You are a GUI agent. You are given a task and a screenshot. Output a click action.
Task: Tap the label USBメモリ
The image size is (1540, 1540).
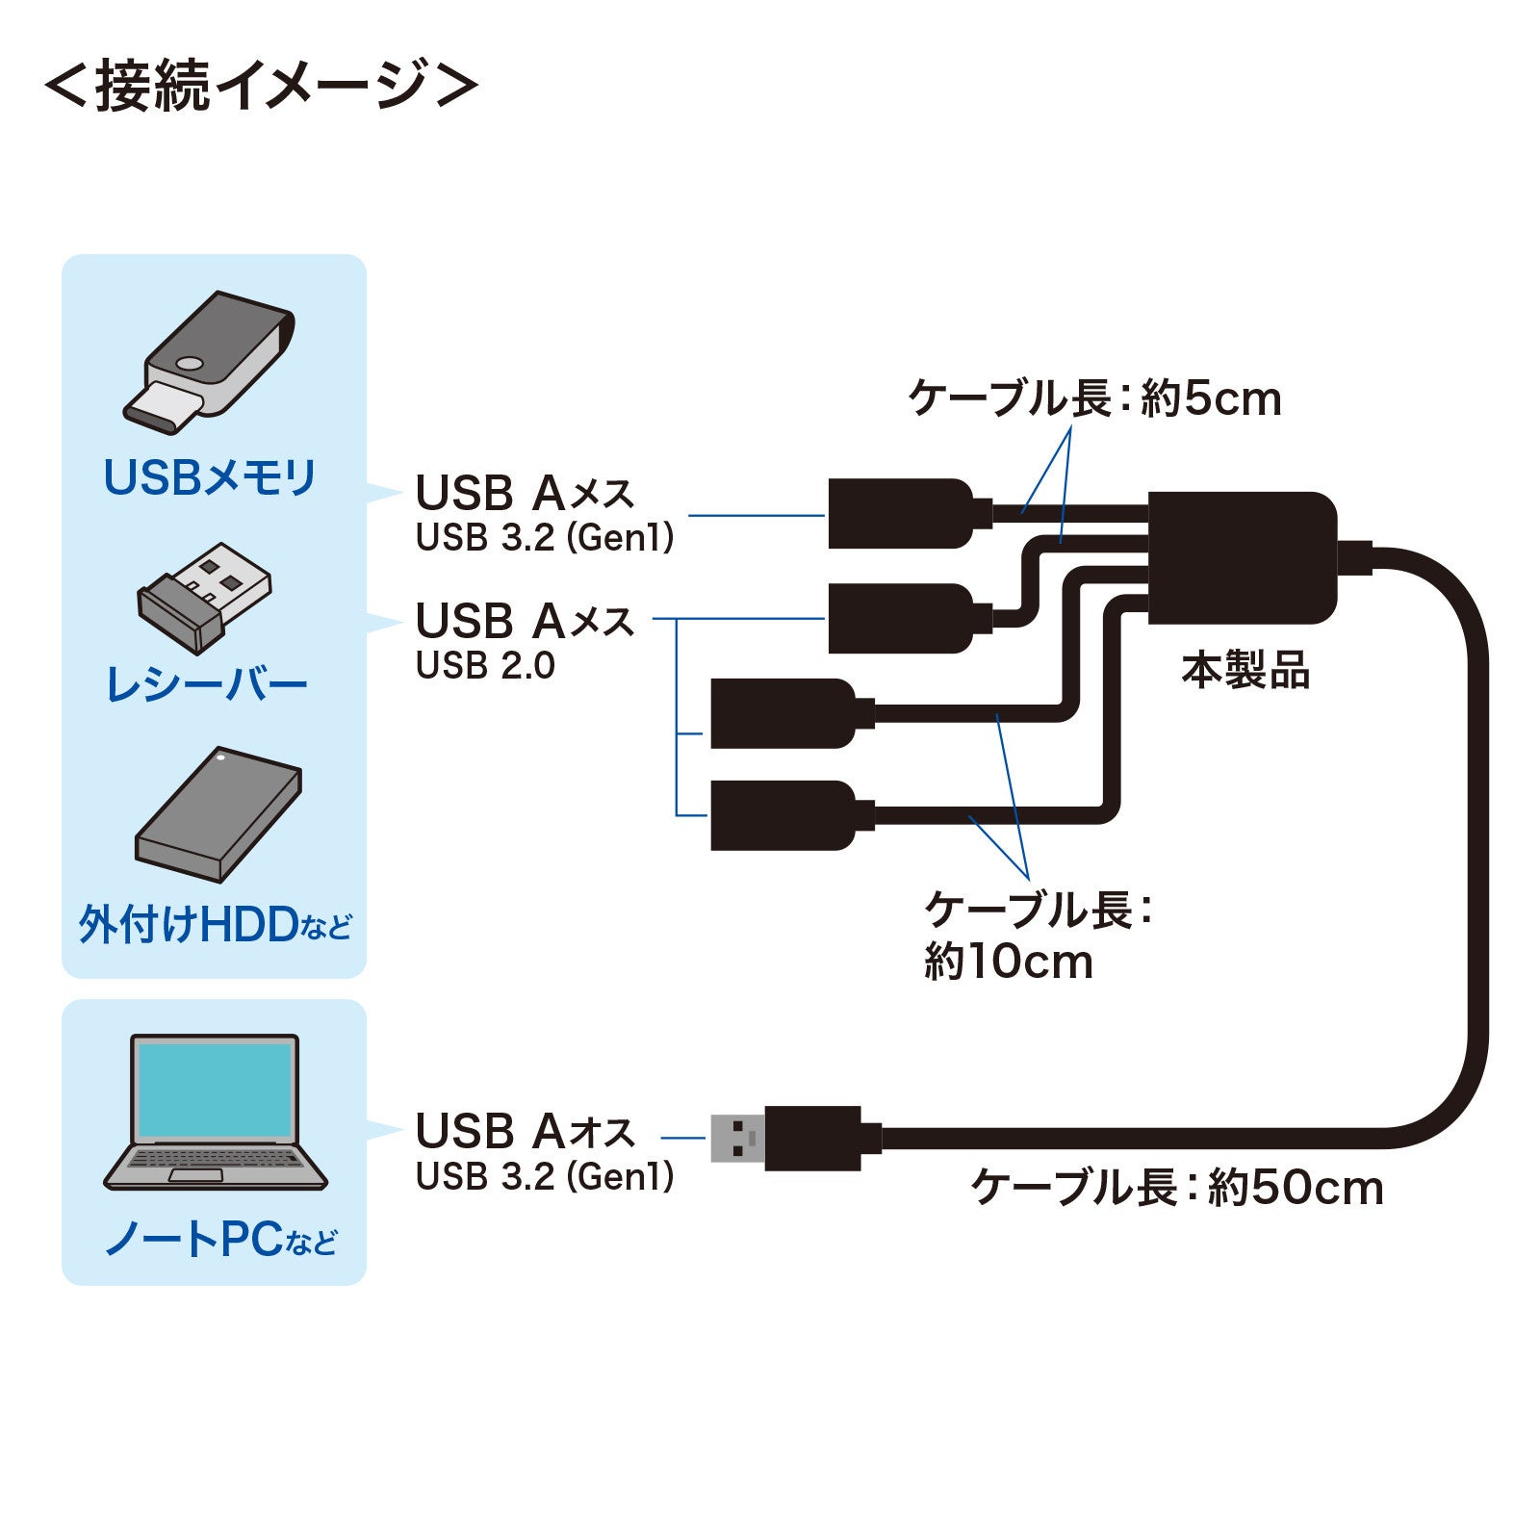210,477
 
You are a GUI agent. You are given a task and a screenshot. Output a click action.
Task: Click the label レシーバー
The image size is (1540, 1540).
206,685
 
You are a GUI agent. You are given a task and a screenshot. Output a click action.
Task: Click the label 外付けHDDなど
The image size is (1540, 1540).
215,925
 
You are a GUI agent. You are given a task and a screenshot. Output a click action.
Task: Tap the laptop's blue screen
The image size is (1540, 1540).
215,1090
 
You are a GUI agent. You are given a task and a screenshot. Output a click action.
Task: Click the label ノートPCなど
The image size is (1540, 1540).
220,1239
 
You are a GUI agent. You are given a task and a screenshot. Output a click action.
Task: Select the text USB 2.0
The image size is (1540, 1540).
485,666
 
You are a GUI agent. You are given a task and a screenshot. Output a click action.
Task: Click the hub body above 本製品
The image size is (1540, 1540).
1242,558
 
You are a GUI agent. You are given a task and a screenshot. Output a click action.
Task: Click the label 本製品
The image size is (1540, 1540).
1245,671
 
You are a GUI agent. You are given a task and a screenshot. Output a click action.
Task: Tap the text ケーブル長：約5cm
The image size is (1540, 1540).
1094,398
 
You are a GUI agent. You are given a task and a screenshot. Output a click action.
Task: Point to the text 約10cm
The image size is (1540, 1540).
1008,962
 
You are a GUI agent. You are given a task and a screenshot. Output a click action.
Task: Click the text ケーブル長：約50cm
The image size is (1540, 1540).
1176,1188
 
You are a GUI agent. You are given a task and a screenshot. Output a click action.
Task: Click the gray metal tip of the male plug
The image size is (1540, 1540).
736,1139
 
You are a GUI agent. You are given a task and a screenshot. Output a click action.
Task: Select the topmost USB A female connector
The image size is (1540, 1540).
900,514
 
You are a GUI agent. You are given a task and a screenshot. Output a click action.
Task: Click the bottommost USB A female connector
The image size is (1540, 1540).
783,815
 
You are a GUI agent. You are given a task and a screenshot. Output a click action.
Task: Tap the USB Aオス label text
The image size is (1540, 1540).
525,1131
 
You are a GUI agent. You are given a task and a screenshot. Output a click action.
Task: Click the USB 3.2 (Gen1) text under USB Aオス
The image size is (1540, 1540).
544,1176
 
